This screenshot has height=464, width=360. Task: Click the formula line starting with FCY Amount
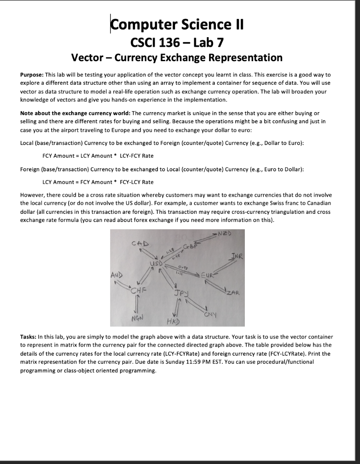97,155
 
